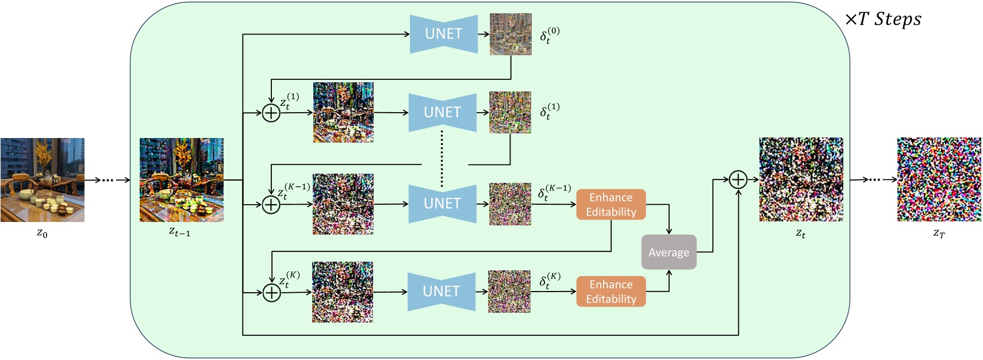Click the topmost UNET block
[x=443, y=34]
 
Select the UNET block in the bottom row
[x=441, y=292]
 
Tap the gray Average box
[x=669, y=252]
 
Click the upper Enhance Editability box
[x=610, y=205]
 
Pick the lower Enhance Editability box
[x=610, y=292]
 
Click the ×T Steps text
[x=883, y=20]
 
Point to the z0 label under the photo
[x=42, y=233]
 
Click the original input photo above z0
[x=42, y=180]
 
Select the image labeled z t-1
[x=181, y=180]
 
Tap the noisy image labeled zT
[x=939, y=179]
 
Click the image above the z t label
[x=801, y=179]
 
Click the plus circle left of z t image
[x=738, y=180]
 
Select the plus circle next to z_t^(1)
[x=271, y=113]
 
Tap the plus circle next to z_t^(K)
[x=271, y=293]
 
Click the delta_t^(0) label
[x=549, y=35]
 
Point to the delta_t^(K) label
[x=550, y=281]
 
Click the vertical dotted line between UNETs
[x=441, y=158]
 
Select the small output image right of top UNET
[x=510, y=34]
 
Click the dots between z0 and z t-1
[x=108, y=180]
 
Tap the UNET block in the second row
[x=442, y=112]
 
